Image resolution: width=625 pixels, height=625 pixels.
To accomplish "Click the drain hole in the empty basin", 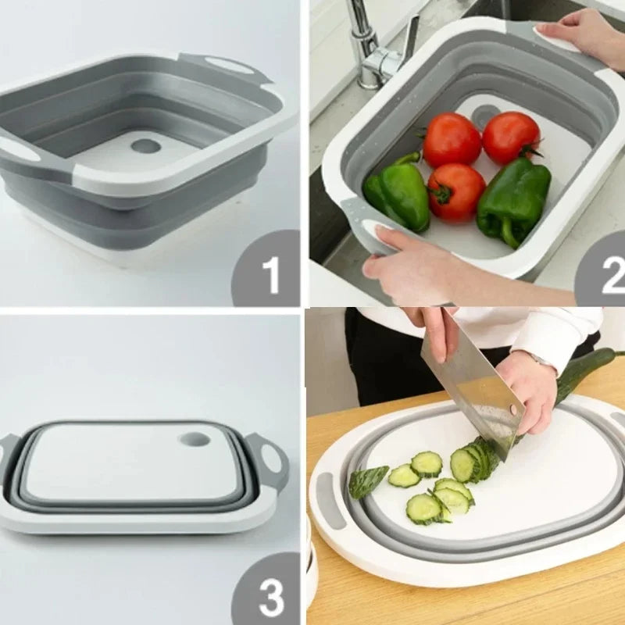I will (x=145, y=146).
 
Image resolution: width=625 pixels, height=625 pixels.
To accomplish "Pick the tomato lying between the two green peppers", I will (x=455, y=192).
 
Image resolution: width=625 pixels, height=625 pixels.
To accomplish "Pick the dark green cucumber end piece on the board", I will (x=367, y=480).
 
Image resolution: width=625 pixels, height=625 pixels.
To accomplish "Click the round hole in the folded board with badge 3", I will (x=194, y=440).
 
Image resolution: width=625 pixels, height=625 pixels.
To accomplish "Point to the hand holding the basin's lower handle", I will (x=406, y=262).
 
